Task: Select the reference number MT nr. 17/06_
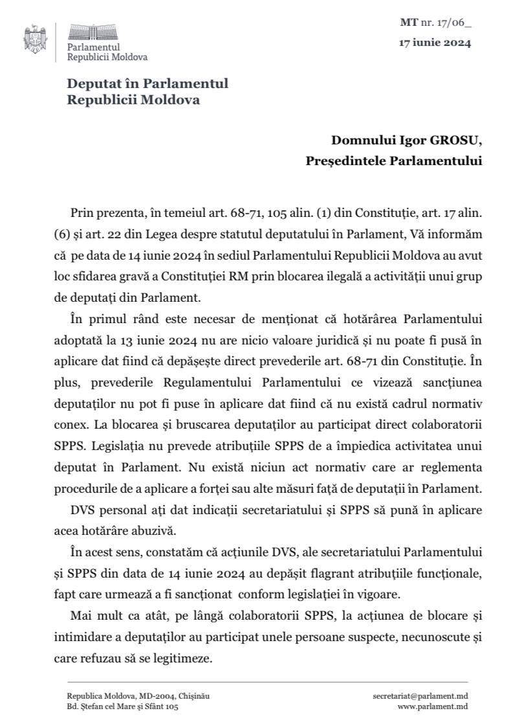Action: click(x=435, y=24)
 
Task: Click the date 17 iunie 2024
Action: click(x=434, y=44)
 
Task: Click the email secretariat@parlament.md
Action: click(x=420, y=696)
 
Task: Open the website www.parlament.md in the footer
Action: click(x=432, y=707)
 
